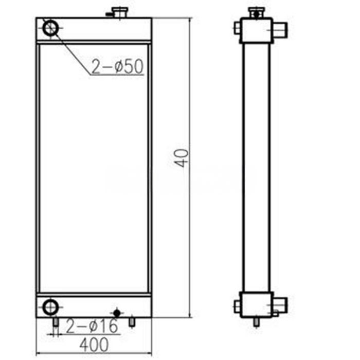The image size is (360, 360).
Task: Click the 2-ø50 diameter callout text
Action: pyautogui.click(x=117, y=67)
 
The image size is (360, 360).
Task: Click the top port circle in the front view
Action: pyautogui.click(x=51, y=28)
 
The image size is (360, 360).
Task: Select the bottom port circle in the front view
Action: pyautogui.click(x=50, y=307)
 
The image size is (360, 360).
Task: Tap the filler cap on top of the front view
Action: pyautogui.click(x=120, y=12)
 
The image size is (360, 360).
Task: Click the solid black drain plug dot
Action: pyautogui.click(x=117, y=313)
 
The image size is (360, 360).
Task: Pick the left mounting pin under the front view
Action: pyautogui.click(x=55, y=321)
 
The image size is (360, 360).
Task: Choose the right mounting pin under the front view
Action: pyautogui.click(x=132, y=321)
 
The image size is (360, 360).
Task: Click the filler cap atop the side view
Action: pyautogui.click(x=256, y=12)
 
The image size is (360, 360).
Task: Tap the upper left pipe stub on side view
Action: pyautogui.click(x=237, y=27)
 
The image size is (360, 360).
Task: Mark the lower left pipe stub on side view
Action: pyautogui.click(x=237, y=307)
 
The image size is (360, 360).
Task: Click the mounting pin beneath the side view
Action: pyautogui.click(x=256, y=322)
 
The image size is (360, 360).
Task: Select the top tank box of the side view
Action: pyautogui.click(x=256, y=30)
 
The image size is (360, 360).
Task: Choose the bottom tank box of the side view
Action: pyautogui.click(x=256, y=304)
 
